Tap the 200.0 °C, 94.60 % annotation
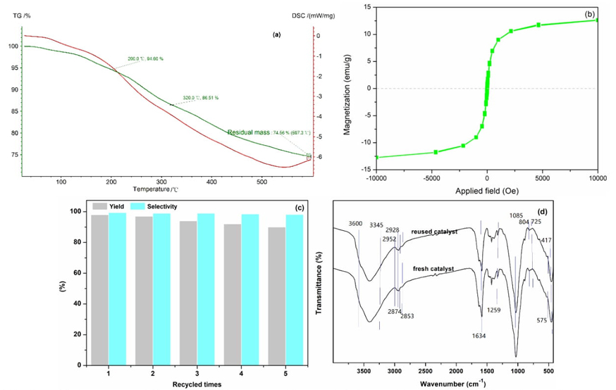click(x=145, y=58)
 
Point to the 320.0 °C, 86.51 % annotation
click(x=201, y=98)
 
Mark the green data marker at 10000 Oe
click(x=597, y=20)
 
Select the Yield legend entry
click(x=109, y=206)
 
